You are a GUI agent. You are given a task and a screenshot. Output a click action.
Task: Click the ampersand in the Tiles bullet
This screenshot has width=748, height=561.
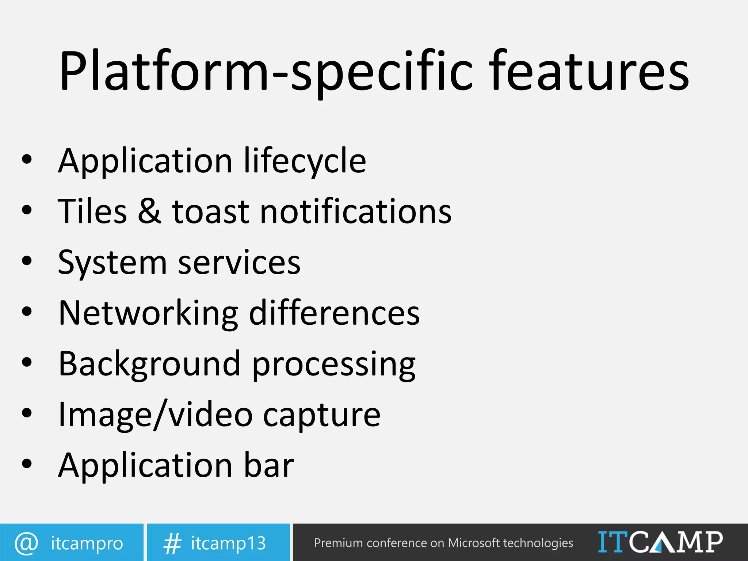[149, 211]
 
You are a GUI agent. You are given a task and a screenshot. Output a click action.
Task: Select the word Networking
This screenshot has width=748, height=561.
[148, 314]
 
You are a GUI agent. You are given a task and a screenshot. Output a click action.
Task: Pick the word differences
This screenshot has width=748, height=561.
[334, 313]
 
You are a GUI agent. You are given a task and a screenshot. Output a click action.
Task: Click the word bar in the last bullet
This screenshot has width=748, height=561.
[269, 465]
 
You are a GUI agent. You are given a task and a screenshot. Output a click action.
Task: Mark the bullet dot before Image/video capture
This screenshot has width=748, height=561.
[27, 413]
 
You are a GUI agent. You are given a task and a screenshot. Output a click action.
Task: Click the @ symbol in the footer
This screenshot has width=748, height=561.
[26, 543]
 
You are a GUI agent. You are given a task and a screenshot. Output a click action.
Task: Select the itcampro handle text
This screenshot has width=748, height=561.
[87, 543]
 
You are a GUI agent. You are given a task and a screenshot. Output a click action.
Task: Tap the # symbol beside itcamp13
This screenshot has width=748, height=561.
[172, 543]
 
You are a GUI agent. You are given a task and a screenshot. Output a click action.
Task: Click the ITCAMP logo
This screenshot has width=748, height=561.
[660, 542]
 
